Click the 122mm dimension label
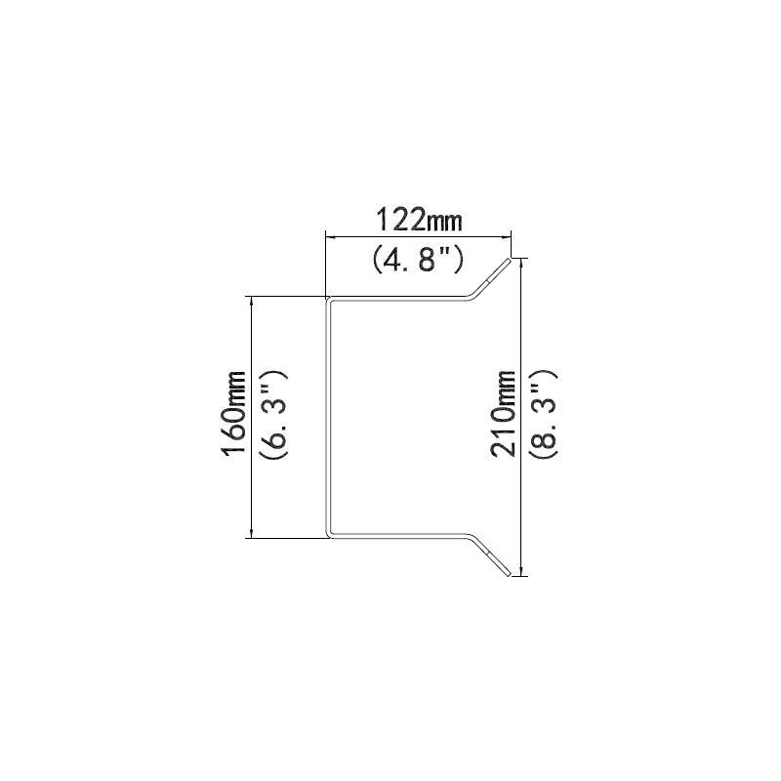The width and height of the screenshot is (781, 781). (x=419, y=221)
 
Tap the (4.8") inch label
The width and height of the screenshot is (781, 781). (x=418, y=260)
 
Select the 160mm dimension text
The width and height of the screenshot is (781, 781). (x=233, y=413)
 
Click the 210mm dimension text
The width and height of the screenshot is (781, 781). (x=503, y=413)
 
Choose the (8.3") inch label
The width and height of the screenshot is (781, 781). (x=543, y=414)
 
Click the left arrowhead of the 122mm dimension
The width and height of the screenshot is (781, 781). (x=331, y=238)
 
